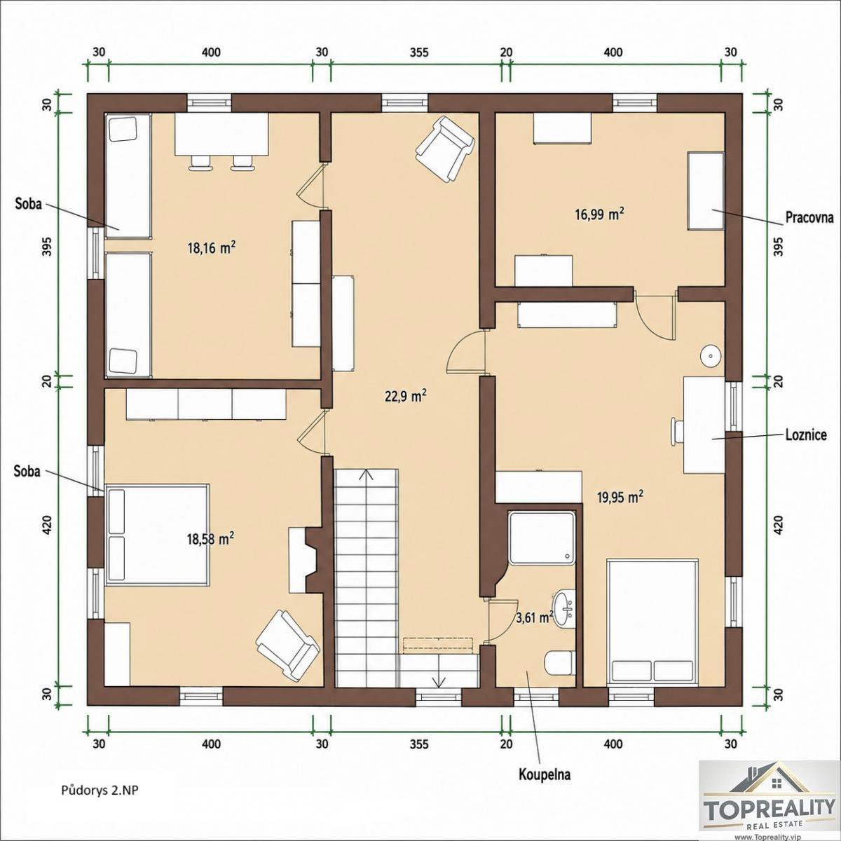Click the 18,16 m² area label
coord(212,248)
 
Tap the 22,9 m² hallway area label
coord(406,397)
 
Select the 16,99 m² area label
coord(600,214)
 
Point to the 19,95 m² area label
coord(620,497)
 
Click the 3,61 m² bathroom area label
coord(535,617)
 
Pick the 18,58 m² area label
coord(210,538)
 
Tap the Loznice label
coord(807,435)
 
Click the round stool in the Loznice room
coord(711,356)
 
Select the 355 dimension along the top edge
coord(419,53)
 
